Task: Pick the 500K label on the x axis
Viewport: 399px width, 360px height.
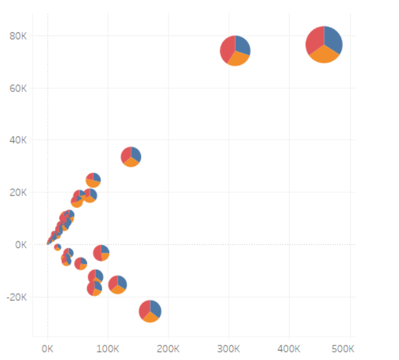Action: point(342,349)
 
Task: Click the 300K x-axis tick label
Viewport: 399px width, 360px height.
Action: point(229,349)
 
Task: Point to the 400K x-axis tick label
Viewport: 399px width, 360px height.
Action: point(289,349)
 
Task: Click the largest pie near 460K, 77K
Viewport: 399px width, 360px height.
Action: point(324,44)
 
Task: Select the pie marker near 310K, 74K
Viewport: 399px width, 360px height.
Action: point(235,50)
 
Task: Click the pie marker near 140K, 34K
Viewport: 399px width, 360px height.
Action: point(131,156)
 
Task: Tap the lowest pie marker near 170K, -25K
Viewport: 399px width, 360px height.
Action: point(150,311)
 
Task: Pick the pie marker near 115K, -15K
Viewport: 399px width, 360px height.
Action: point(118,284)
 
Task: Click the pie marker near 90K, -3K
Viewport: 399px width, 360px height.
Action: point(102,253)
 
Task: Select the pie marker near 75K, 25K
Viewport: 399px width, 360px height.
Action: point(93,180)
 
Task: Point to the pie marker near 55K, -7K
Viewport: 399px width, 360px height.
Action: point(81,263)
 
